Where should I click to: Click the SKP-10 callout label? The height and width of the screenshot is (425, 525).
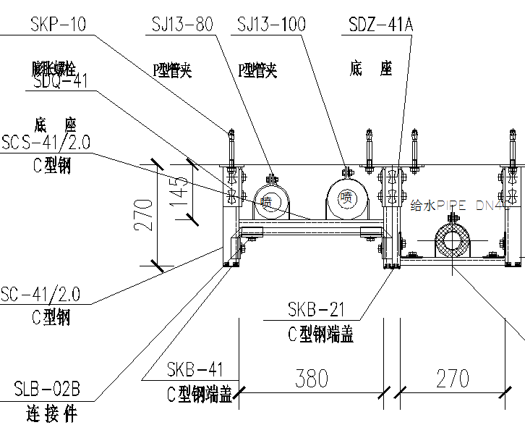(58, 25)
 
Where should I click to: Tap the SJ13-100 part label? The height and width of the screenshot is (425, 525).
(271, 25)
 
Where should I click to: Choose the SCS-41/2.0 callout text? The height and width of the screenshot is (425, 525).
(46, 142)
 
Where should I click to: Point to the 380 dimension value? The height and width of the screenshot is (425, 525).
(312, 378)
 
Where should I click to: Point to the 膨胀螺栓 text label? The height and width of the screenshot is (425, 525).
(54, 70)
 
